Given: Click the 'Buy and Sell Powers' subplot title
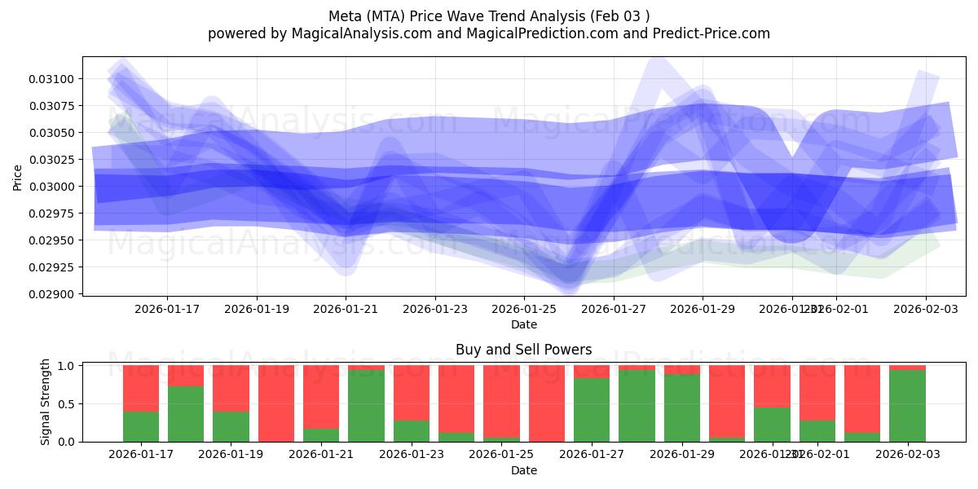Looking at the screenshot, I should pyautogui.click(x=523, y=350).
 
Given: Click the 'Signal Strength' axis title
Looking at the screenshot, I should pyautogui.click(x=46, y=402).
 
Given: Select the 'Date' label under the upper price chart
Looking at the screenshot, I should pyautogui.click(x=523, y=324).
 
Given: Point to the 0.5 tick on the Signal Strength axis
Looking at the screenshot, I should pyautogui.click(x=67, y=404).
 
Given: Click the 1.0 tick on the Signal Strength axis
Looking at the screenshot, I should pyautogui.click(x=67, y=366).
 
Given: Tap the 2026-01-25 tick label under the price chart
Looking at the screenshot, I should pyautogui.click(x=523, y=309).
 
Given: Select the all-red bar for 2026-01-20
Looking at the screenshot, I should pyautogui.click(x=276, y=403).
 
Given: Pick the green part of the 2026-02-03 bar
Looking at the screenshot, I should pyautogui.click(x=907, y=406).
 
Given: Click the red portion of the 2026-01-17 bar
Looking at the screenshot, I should pyautogui.click(x=141, y=388).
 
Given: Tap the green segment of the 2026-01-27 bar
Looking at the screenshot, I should pyautogui.click(x=592, y=410).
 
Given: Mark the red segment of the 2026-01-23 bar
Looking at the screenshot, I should pyautogui.click(x=412, y=393).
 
